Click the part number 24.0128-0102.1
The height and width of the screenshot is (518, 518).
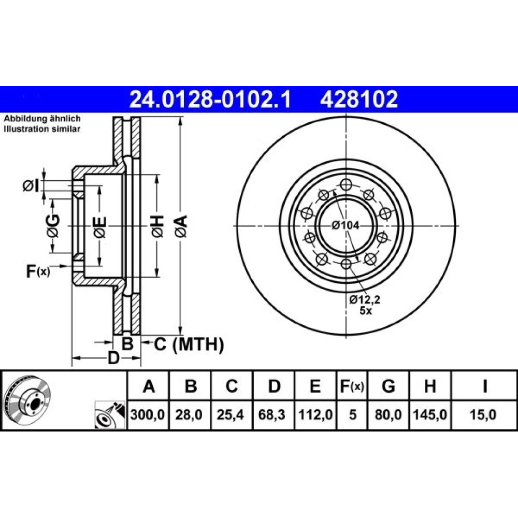210,99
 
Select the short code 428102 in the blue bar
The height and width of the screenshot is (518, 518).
359,99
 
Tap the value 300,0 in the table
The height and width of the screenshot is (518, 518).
147,414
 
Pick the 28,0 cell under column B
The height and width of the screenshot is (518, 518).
189,414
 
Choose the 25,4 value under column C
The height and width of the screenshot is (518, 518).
231,414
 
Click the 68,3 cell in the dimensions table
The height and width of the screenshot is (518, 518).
272,414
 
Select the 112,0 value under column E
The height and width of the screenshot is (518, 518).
315,414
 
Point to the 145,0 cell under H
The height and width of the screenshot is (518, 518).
430,414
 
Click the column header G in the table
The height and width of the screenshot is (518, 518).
388,386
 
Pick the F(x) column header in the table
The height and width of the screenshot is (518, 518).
352,386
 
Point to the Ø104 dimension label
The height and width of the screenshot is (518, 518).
346,225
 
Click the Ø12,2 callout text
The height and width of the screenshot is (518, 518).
365,299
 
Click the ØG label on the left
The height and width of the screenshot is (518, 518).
53,226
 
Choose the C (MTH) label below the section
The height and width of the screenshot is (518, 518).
189,344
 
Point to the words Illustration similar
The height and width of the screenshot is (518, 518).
42,129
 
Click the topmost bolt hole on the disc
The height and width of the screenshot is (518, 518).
346,184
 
